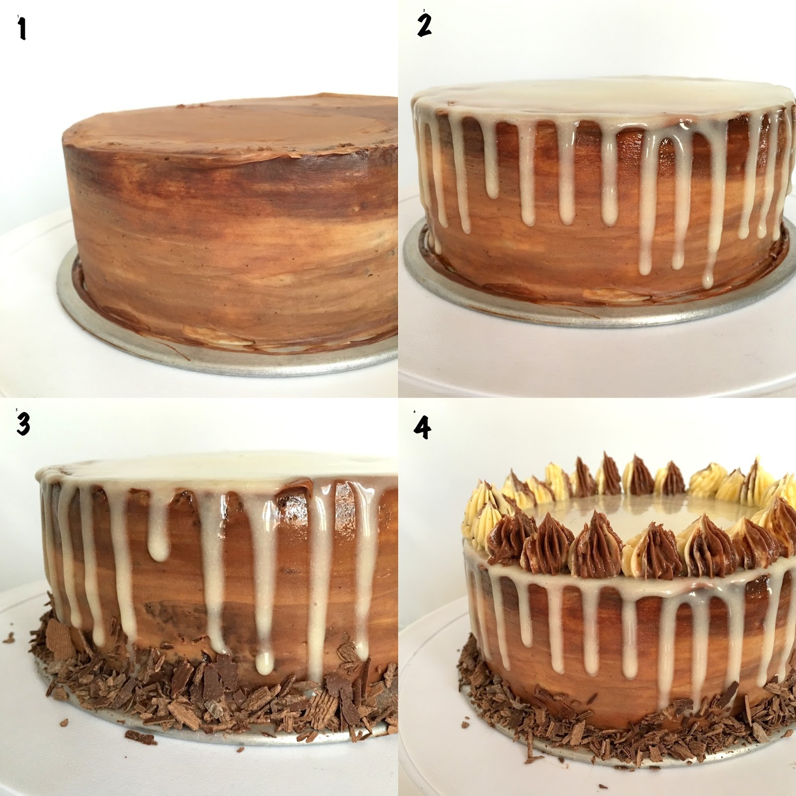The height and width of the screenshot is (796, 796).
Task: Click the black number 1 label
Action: tap(21, 29)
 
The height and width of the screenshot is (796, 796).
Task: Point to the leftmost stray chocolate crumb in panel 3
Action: tap(8, 637)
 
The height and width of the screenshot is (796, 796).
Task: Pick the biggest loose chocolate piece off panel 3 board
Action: tap(140, 737)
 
